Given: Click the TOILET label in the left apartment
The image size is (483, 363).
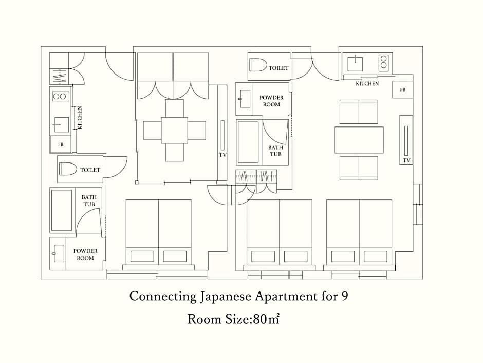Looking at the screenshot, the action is click(90, 170).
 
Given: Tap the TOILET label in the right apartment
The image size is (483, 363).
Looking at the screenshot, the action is click(279, 68).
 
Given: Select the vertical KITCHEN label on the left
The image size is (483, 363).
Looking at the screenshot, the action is click(80, 118).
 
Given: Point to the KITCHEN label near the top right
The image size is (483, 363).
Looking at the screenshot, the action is click(367, 83).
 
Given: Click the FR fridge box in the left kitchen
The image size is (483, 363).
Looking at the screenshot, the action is click(61, 144).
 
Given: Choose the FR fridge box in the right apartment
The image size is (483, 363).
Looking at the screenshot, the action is click(403, 89).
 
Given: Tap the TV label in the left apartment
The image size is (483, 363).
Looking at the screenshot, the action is click(222, 155).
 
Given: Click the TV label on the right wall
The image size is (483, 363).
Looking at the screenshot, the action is click(406, 160).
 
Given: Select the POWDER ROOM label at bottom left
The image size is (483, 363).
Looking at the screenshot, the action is click(85, 255).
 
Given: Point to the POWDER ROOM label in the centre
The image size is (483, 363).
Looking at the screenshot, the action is click(271, 101).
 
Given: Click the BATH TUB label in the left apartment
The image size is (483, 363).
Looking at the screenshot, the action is click(89, 201).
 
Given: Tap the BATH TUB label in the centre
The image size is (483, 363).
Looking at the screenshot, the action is click(275, 151).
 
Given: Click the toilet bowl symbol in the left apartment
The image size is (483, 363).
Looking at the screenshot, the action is click(68, 169).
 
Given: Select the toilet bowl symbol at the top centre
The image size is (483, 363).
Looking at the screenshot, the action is click(258, 65).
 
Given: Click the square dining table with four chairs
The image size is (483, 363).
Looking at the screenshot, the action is click(174, 130).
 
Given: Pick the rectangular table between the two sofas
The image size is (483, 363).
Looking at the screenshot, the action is click(359, 140).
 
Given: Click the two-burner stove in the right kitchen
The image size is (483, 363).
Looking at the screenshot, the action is click(383, 62).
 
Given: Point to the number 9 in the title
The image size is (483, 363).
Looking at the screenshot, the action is click(345, 296).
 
